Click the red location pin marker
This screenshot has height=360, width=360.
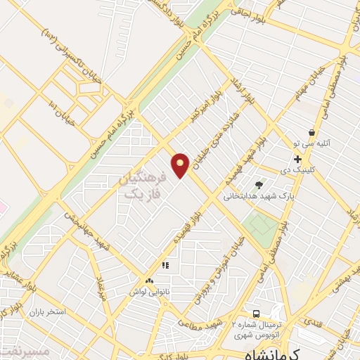180,165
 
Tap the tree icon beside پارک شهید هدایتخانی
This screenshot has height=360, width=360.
259,185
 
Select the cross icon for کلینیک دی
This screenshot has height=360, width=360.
297,159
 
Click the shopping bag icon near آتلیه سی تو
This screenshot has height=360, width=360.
311,131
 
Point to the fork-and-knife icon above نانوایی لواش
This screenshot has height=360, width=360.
166,265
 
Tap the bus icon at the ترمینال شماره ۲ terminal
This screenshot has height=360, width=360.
256,313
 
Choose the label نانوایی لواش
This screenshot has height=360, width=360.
146,290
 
